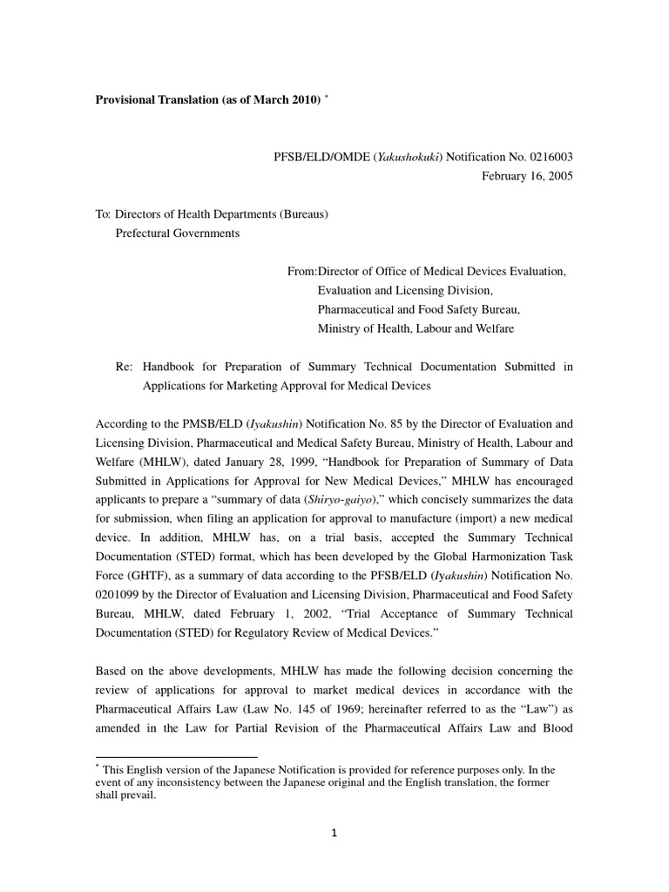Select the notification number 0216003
point(547,157)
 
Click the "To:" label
point(104,214)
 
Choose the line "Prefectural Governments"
point(178,233)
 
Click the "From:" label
point(302,272)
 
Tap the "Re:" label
point(124,367)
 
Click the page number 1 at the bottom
point(334,833)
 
